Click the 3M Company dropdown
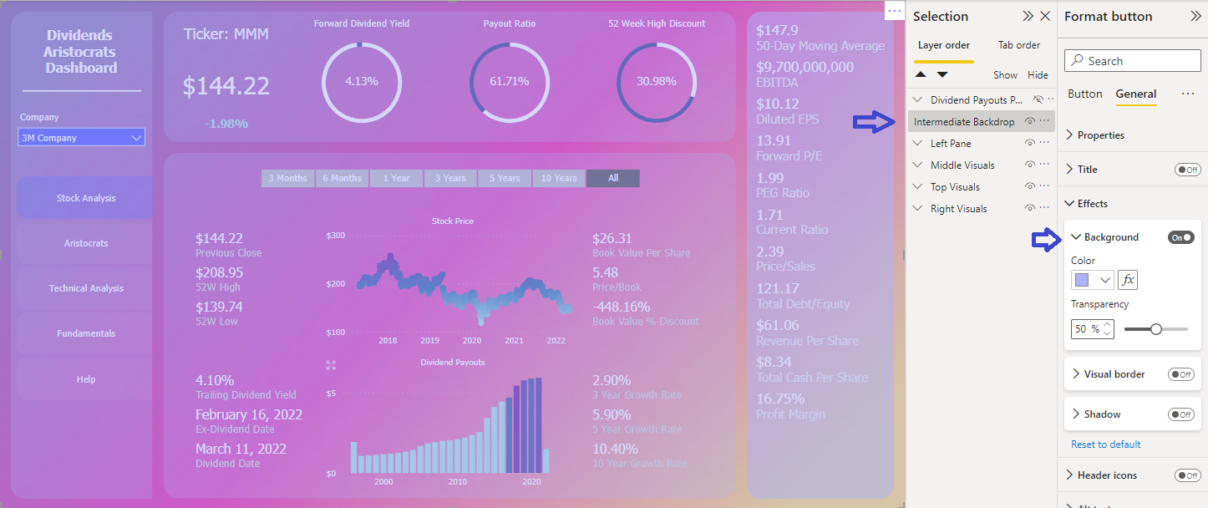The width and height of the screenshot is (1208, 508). (x=81, y=138)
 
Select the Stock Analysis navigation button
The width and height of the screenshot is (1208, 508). (x=86, y=198)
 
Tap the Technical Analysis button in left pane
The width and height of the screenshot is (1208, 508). (x=86, y=288)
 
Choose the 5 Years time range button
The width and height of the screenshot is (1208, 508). (x=505, y=178)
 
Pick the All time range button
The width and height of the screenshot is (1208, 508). (x=613, y=178)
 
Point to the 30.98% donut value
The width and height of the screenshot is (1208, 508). (x=657, y=81)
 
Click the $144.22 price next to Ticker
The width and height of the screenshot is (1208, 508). (x=226, y=86)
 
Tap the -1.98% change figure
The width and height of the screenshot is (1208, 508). (x=226, y=124)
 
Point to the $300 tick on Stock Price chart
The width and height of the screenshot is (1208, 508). (x=335, y=236)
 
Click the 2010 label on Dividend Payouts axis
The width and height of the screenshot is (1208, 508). (x=457, y=482)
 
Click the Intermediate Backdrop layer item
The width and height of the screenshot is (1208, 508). (x=964, y=122)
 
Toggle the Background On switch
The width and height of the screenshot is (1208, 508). (x=1180, y=237)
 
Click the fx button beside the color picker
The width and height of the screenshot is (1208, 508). (x=1128, y=280)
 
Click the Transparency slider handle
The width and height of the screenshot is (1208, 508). (x=1156, y=329)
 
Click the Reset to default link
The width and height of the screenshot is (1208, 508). (x=1105, y=444)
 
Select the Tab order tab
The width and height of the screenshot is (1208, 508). (x=1019, y=45)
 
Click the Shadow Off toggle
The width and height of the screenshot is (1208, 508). (x=1180, y=414)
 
